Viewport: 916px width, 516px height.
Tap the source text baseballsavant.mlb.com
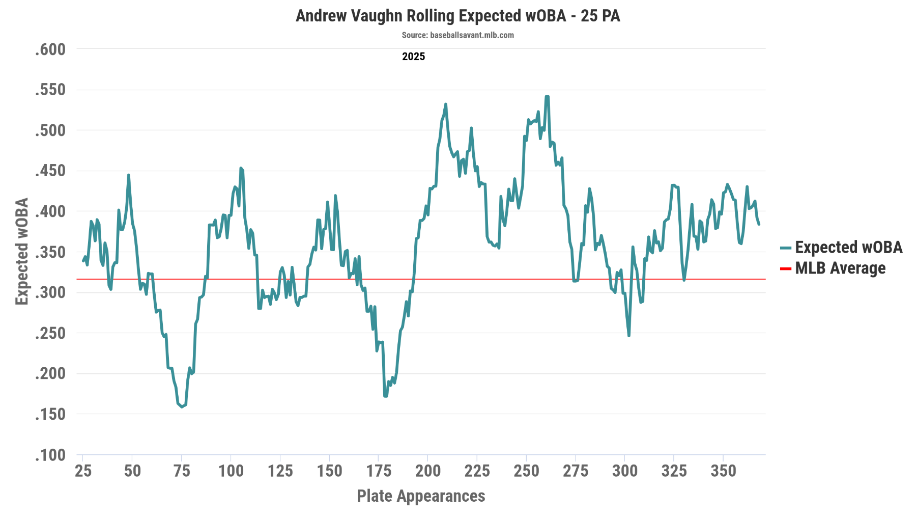click(x=457, y=35)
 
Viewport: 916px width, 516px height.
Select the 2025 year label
click(x=413, y=57)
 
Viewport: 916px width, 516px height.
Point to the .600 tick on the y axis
click(x=50, y=49)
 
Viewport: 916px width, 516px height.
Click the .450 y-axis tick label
click(x=50, y=171)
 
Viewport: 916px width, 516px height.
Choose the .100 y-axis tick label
click(x=50, y=455)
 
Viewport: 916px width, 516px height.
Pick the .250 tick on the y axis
click(x=50, y=333)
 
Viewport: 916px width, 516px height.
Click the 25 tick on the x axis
click(x=83, y=471)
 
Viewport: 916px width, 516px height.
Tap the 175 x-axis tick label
click(x=379, y=471)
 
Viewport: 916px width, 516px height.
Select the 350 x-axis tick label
click(x=723, y=471)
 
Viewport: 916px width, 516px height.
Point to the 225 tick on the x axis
click(x=477, y=471)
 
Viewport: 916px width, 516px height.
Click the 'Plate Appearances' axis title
click(x=421, y=496)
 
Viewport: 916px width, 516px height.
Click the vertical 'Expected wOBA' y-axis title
click(x=22, y=252)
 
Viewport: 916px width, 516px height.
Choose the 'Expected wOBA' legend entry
click(x=848, y=248)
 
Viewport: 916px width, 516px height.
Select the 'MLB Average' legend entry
click(x=840, y=268)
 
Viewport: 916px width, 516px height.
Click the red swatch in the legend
click(x=785, y=268)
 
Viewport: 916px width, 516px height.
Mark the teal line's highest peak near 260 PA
click(x=547, y=96)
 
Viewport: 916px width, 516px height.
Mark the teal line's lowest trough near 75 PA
click(x=182, y=406)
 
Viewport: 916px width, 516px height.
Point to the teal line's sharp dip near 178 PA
click(x=385, y=396)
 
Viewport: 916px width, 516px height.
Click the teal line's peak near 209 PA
click(x=446, y=104)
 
